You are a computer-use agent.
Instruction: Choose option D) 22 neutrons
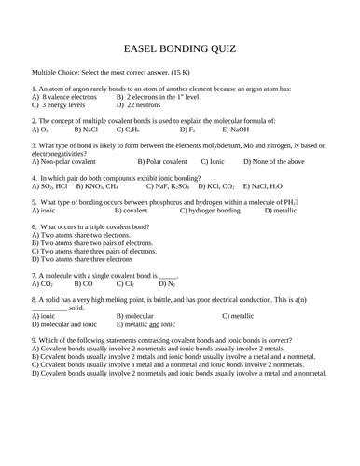click(141, 104)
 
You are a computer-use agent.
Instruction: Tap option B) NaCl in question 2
click(83, 130)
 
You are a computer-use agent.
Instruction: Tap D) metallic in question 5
click(280, 211)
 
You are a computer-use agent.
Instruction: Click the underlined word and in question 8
click(154, 324)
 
